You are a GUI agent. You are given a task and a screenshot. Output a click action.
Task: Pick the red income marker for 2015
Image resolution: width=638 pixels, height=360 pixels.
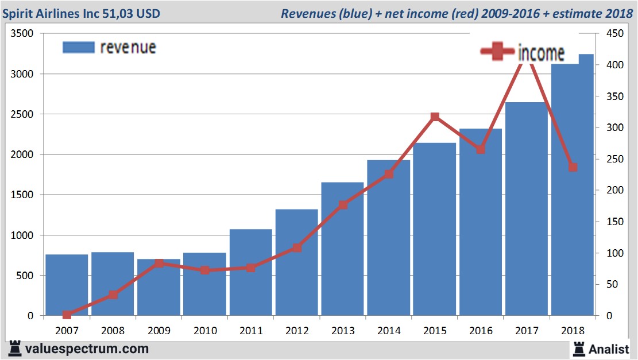pos(435,117)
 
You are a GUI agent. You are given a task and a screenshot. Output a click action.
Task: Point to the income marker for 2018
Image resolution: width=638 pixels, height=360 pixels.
pos(573,167)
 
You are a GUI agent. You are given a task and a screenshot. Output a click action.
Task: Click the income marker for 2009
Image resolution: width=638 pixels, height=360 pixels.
pos(159,264)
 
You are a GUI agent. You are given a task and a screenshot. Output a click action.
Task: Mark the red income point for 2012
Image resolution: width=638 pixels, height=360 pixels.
pos(297,248)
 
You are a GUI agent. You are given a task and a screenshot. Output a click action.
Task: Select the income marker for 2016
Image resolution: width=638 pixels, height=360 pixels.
pos(481,149)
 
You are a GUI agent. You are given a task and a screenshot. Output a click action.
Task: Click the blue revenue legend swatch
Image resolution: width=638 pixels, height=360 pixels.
pos(78,47)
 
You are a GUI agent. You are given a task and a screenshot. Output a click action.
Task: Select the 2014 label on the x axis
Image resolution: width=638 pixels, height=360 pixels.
pos(389,331)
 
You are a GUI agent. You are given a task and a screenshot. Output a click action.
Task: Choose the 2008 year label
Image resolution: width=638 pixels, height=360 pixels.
pos(113,331)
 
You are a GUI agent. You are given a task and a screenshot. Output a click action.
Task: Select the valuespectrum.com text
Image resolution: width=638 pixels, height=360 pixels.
pos(86,349)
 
